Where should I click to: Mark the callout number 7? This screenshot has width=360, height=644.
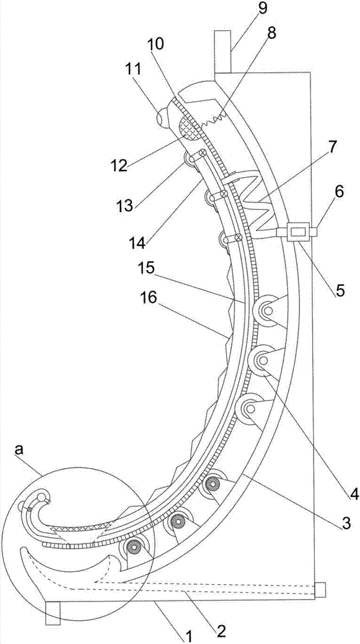coord(332,146)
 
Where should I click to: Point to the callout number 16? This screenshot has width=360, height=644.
coord(149,299)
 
